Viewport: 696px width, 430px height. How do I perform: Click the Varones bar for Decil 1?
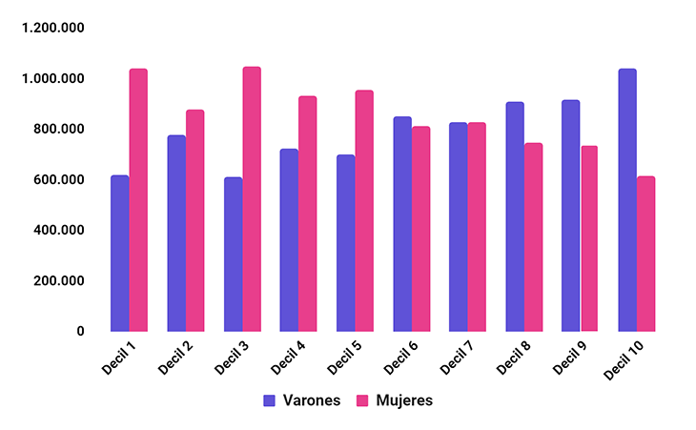click(x=119, y=254)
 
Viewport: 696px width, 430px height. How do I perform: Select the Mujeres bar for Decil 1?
click(x=138, y=200)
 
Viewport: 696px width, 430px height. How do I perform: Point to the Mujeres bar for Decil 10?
click(x=645, y=254)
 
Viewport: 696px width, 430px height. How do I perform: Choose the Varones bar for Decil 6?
click(x=401, y=224)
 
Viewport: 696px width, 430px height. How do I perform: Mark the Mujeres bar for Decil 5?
click(x=364, y=211)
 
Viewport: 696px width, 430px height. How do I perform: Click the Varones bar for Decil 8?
click(x=515, y=216)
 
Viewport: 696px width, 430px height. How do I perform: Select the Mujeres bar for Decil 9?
click(x=589, y=238)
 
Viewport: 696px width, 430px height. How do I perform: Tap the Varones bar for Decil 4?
click(x=289, y=240)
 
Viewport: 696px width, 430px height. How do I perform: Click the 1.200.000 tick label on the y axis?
click(x=53, y=28)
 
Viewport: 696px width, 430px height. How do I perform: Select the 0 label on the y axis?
click(x=80, y=332)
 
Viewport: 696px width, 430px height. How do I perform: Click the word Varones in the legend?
click(x=311, y=400)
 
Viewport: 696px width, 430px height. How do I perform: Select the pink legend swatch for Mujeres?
click(x=362, y=400)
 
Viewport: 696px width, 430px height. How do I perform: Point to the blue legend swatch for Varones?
click(x=270, y=400)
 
